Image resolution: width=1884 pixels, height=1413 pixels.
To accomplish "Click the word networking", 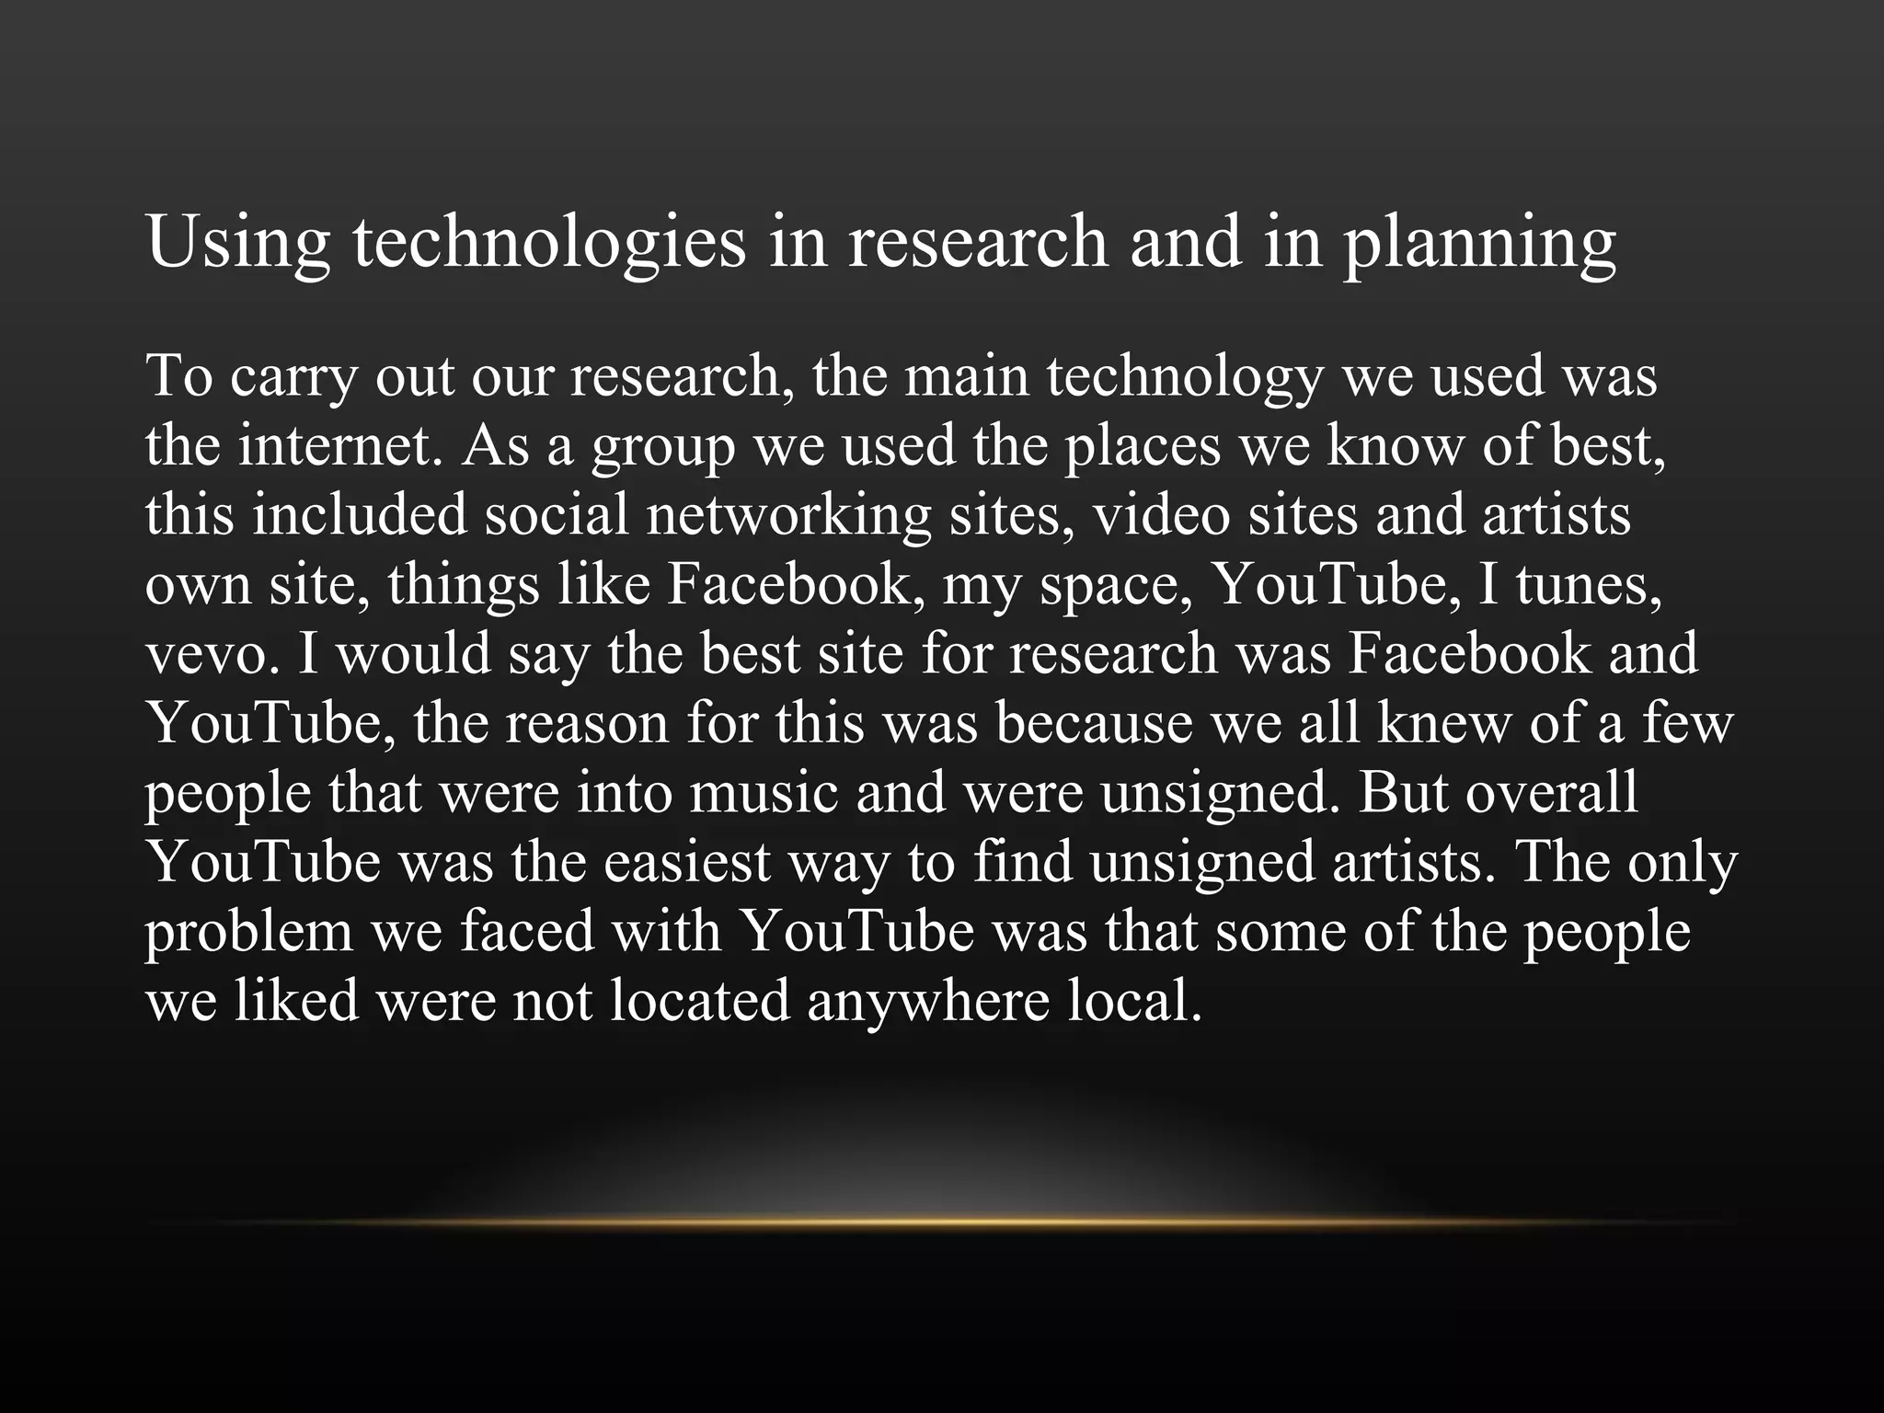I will (x=789, y=515).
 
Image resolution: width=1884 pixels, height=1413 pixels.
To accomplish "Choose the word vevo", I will (x=211, y=655).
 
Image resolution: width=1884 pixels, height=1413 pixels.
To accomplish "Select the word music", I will (x=764, y=793).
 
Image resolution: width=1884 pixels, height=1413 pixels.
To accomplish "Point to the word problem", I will (x=248, y=933).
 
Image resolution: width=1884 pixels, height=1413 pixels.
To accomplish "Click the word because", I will (x=1094, y=724).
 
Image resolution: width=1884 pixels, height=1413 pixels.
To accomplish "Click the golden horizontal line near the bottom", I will (x=942, y=1223).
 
